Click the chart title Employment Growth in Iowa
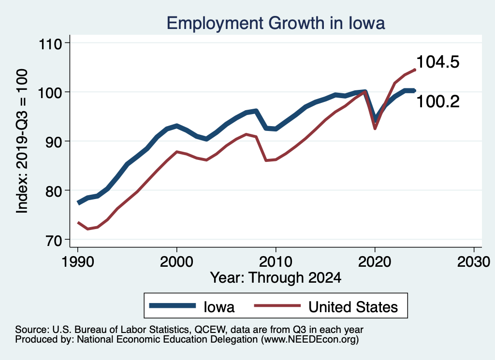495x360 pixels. (x=276, y=23)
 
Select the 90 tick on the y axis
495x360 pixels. (x=55, y=142)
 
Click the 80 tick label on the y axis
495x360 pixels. (x=55, y=191)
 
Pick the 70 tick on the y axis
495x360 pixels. (x=55, y=240)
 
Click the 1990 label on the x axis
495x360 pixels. (x=77, y=261)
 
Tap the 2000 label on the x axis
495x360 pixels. (x=176, y=261)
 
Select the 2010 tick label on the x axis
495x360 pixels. (x=276, y=261)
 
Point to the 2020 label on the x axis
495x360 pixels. (x=375, y=261)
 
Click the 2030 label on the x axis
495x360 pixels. (x=474, y=261)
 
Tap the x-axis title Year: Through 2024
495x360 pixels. (x=276, y=278)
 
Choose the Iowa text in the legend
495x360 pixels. (x=219, y=306)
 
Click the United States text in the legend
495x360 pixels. (x=353, y=306)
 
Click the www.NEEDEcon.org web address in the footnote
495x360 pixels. (x=309, y=340)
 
